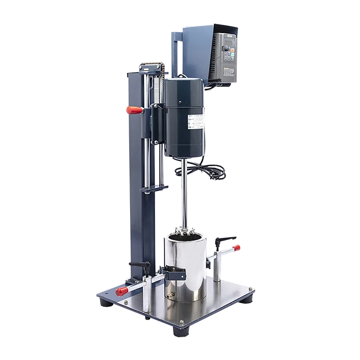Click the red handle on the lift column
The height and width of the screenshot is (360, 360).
[133, 110]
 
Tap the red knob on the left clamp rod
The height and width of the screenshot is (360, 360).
[121, 291]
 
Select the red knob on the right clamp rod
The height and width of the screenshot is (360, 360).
[238, 247]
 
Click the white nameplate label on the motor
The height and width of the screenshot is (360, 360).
[197, 123]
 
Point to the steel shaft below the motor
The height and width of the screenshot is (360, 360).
[184, 192]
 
